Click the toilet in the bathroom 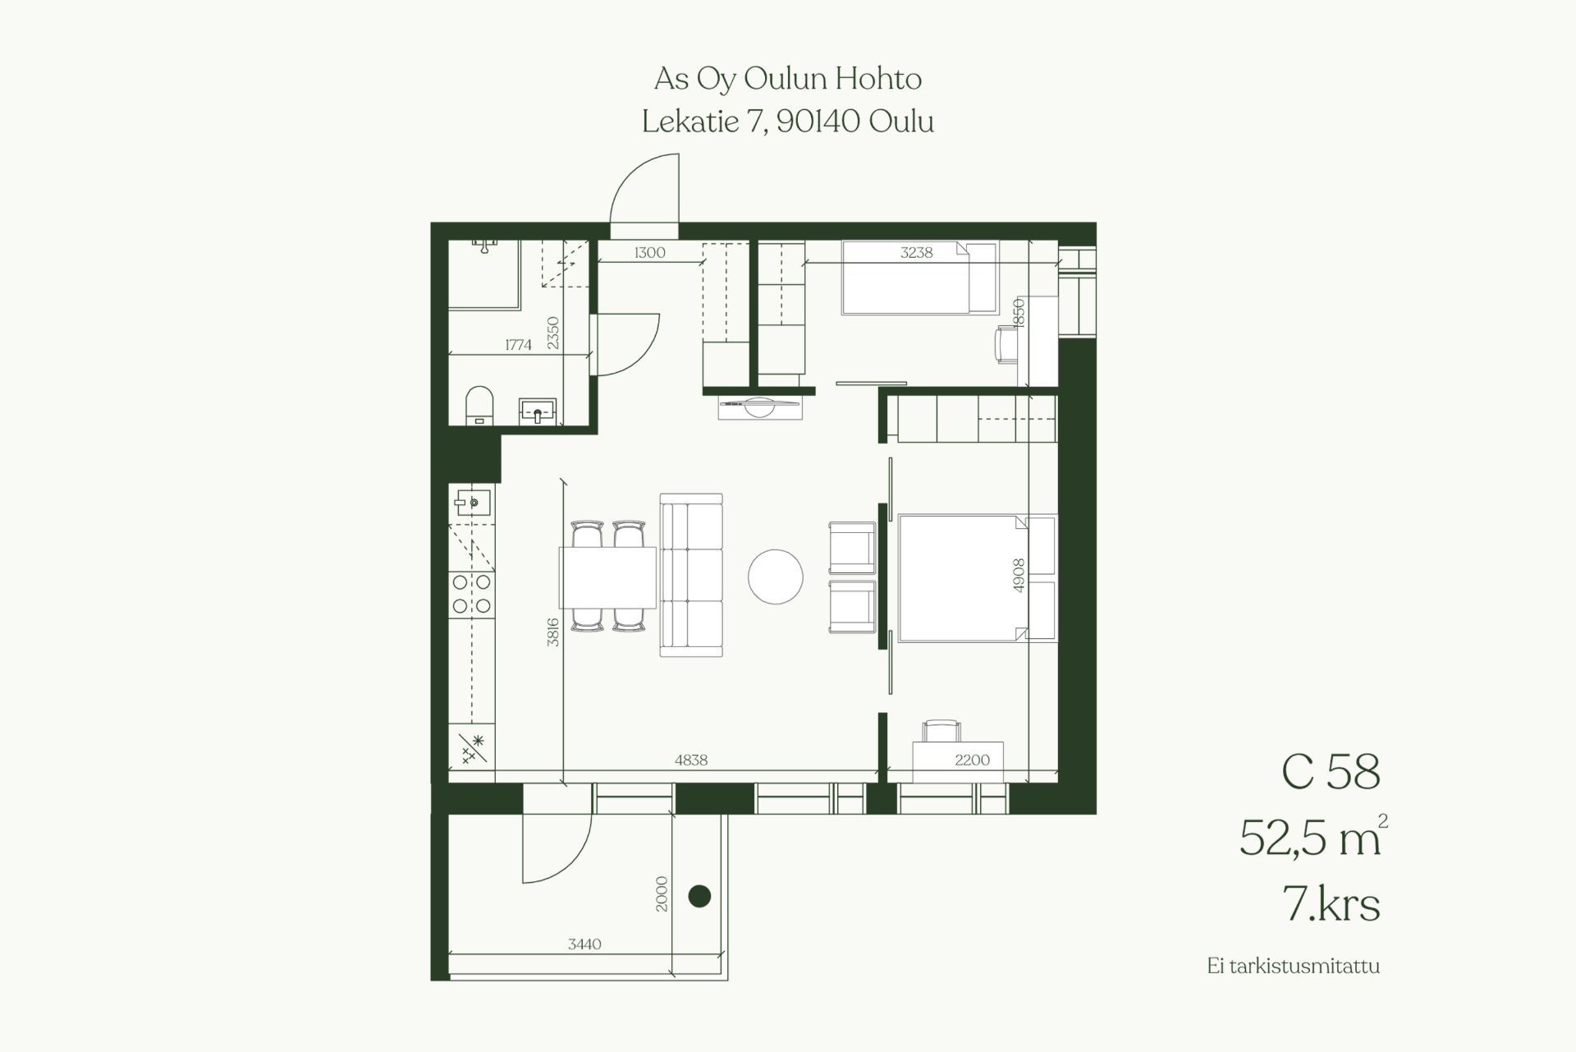click(479, 406)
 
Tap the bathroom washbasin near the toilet click(538, 411)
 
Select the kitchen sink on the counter click(471, 501)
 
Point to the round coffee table click(776, 577)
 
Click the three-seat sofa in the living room click(691, 575)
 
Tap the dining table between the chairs click(608, 577)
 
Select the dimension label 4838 click(691, 760)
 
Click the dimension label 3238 click(917, 253)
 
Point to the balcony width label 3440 click(584, 944)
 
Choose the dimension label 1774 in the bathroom click(518, 345)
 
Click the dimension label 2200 click(973, 760)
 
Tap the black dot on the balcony click(699, 896)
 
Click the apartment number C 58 click(1331, 772)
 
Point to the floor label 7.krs click(1331, 904)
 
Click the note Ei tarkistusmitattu click(1293, 966)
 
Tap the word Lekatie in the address click(689, 122)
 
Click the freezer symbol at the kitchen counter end click(472, 749)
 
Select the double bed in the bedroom click(977, 578)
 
